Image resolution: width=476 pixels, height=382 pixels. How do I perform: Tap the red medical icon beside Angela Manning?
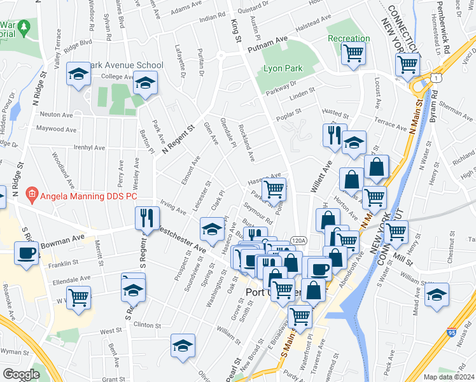tap(30, 193)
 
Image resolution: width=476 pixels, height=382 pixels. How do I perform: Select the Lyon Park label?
tap(281, 68)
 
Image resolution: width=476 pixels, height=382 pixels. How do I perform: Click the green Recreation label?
tap(348, 39)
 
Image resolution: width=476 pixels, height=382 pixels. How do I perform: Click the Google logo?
tap(20, 374)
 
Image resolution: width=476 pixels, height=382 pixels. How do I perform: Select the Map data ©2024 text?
tap(449, 377)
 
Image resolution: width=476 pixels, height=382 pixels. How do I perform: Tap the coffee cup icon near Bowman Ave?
tap(26, 253)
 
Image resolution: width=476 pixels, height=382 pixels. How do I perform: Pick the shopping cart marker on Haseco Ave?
tap(274, 188)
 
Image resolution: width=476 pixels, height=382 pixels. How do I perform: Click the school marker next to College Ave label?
tap(146, 84)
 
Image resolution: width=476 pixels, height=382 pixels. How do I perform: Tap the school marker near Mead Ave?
tap(437, 295)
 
